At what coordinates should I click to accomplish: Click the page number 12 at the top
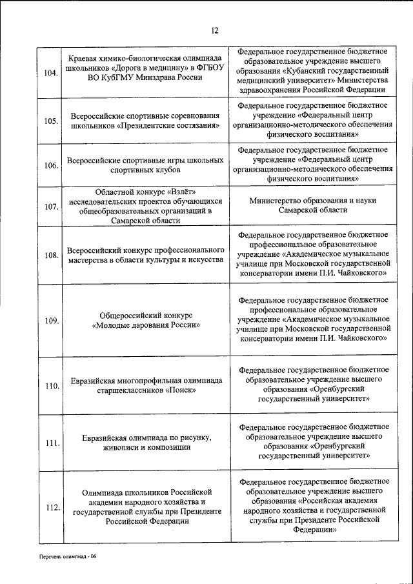[x=215, y=30]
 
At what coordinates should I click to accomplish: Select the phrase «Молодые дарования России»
[x=146, y=325]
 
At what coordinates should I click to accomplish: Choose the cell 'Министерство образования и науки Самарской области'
[x=313, y=205]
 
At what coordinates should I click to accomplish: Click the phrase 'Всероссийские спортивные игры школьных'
[x=145, y=159]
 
